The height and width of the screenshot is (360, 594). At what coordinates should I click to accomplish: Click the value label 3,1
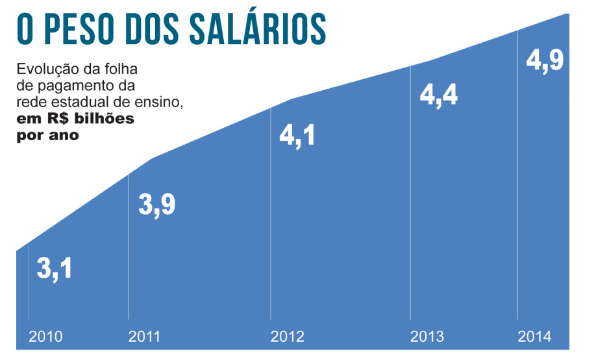point(55,269)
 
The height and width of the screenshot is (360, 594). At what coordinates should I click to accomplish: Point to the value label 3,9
point(157,205)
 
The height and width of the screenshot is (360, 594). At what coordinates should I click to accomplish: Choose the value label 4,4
point(439,95)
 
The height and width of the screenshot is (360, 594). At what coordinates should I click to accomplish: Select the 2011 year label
point(144,337)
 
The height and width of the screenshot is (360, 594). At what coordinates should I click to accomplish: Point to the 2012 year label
point(287,337)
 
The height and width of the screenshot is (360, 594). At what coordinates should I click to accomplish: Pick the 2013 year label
point(427,337)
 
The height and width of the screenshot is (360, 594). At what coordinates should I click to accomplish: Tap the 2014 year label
point(534,337)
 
